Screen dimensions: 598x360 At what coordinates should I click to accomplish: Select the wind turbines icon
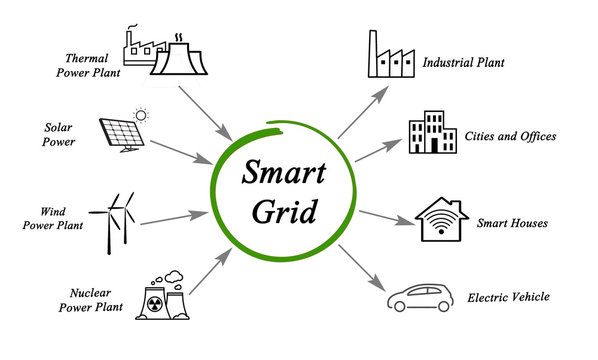[x=117, y=217]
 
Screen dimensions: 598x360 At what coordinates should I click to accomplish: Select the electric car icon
[x=424, y=297]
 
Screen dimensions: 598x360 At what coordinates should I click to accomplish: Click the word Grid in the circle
[x=283, y=213]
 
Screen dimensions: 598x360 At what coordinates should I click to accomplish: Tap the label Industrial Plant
[x=464, y=63]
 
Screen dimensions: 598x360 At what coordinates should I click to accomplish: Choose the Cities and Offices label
[x=510, y=136]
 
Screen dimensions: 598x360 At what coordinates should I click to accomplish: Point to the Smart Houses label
[x=512, y=223]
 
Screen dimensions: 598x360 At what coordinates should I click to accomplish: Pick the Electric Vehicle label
[x=508, y=297]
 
